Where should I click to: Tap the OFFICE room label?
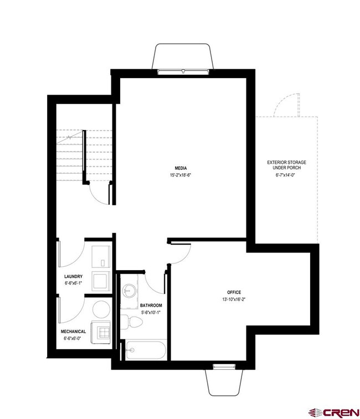click(x=234, y=292)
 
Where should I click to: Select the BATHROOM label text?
click(x=151, y=306)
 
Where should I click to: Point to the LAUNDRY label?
click(x=73, y=277)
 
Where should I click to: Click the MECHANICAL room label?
click(x=73, y=332)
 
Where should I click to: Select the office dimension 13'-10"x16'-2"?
click(x=234, y=299)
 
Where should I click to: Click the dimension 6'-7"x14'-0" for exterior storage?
click(x=286, y=175)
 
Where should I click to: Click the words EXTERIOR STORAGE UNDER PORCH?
click(x=286, y=165)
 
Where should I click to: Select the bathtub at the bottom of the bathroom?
click(x=145, y=349)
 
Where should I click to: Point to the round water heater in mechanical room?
click(x=101, y=308)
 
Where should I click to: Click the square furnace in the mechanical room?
click(x=104, y=332)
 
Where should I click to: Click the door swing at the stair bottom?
click(x=100, y=194)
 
